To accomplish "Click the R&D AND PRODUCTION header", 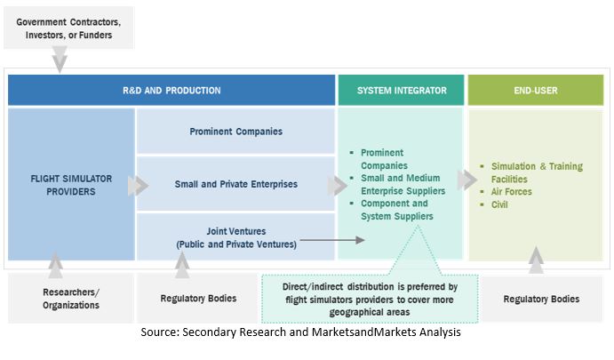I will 171,91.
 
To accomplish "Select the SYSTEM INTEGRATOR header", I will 399,91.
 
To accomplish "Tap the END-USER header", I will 536,91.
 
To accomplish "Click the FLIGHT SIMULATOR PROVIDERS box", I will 71,184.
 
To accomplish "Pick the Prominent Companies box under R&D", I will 235,132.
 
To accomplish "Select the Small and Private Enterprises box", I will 235,184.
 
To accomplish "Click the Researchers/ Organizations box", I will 72,299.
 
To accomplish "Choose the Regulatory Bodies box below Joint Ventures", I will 197,299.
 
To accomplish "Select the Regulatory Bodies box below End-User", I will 541,299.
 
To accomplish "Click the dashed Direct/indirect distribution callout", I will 369,299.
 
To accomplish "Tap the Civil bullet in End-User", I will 499,204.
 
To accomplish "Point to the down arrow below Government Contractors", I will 60,60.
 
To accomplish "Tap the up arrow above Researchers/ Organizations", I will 56,262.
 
